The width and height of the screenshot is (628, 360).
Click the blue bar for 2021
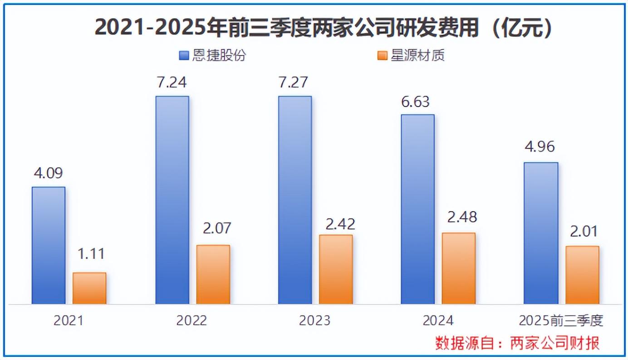(x=49, y=245)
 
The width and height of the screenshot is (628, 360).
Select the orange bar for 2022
(x=213, y=274)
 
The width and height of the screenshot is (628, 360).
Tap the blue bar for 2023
(x=295, y=200)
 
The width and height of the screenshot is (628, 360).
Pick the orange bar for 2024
(x=459, y=268)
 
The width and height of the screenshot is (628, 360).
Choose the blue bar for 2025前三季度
(x=541, y=233)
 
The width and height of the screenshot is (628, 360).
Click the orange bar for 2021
(x=89, y=288)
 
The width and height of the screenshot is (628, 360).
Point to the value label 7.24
(x=172, y=83)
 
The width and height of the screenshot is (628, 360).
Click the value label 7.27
(x=294, y=83)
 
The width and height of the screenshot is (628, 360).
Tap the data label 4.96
(x=540, y=147)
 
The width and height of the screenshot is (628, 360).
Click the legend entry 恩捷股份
(x=213, y=55)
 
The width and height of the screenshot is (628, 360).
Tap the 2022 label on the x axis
(x=191, y=321)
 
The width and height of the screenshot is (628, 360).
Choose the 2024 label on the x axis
(x=438, y=321)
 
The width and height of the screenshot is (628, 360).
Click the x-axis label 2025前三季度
(x=561, y=321)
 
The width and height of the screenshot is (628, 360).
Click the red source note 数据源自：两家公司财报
(x=517, y=343)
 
